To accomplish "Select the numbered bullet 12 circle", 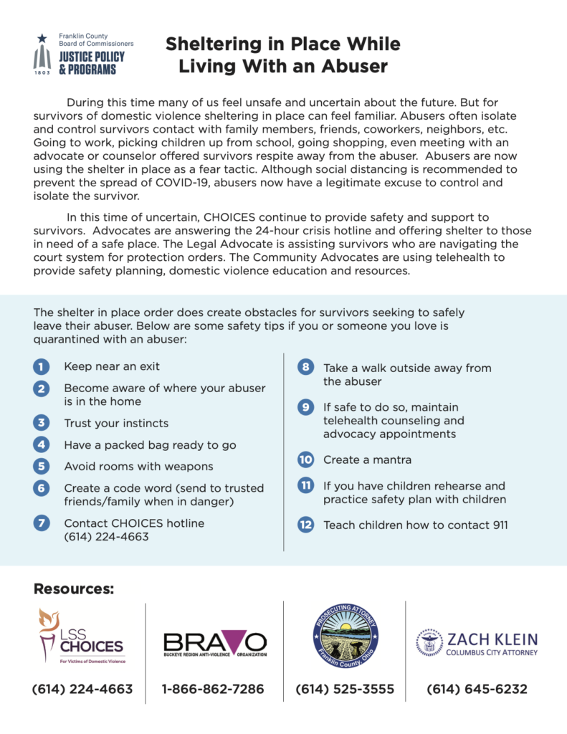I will [x=305, y=525].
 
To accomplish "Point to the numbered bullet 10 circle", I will [x=305, y=459].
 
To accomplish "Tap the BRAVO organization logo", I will [x=215, y=643].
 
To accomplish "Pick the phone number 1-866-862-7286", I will [x=213, y=690].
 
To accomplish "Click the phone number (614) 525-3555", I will [x=345, y=690].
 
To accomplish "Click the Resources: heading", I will [x=74, y=589].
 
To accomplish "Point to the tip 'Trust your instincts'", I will [x=116, y=424].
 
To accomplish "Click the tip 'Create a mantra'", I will [x=367, y=459].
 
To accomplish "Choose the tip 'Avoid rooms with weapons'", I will [x=138, y=467].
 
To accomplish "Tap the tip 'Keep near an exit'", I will [x=112, y=367].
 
